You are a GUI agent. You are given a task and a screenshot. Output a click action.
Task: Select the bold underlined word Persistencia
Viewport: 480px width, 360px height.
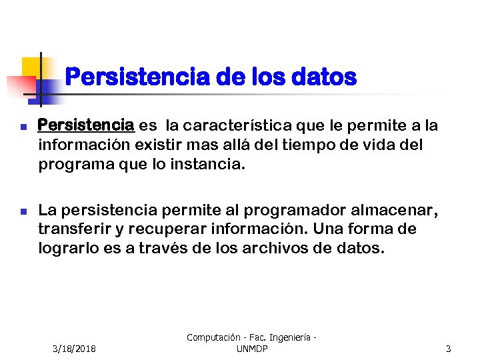click(x=87, y=125)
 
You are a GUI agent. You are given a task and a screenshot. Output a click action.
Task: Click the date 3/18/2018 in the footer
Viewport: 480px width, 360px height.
click(x=74, y=349)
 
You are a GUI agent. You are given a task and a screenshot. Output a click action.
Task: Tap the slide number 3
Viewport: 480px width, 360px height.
click(x=449, y=349)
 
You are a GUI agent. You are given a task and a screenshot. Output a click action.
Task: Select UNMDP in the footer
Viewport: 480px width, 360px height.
click(x=252, y=349)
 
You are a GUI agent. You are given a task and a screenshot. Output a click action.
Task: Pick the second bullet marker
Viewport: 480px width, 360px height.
click(x=23, y=211)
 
